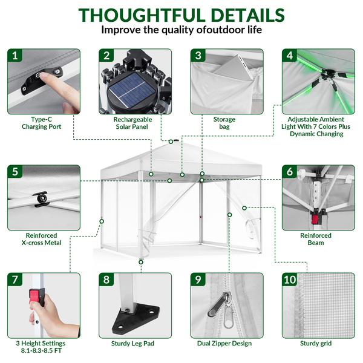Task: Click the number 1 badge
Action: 15,56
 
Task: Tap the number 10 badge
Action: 290,280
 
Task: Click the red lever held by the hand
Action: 34,296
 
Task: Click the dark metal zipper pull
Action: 218,304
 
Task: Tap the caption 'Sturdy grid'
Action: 316,343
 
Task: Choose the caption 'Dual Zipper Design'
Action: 224,343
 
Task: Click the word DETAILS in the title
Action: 247,15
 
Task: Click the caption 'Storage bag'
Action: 224,123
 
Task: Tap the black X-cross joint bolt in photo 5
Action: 42,198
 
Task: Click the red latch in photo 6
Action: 316,219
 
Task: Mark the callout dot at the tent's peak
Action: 171,142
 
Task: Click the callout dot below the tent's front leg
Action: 141,262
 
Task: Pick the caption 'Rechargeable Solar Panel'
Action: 132,123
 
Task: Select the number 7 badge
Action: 15,280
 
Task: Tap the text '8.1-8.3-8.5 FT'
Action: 41,351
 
